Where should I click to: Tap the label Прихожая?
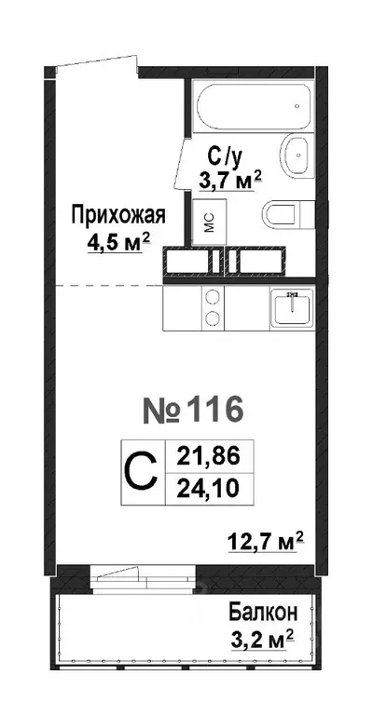(x=118, y=216)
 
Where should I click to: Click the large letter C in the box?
(x=140, y=471)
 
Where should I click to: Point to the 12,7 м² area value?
(x=266, y=539)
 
